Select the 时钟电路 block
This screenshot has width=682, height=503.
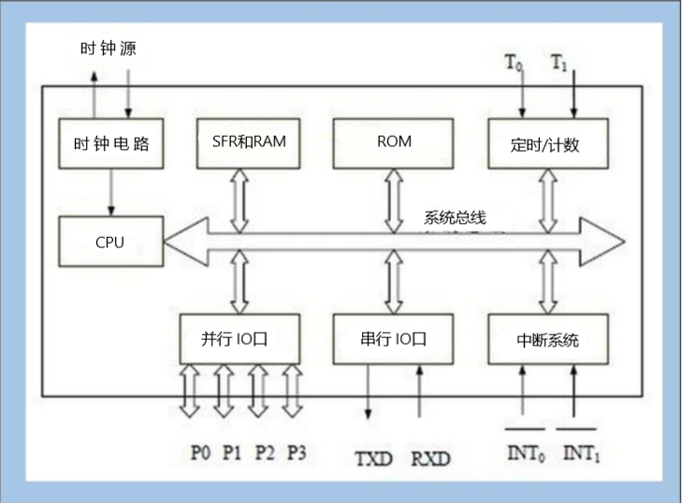tap(109, 143)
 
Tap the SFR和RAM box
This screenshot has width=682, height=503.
tap(242, 142)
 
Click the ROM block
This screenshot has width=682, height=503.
tap(393, 142)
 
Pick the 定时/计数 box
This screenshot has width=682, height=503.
tap(547, 143)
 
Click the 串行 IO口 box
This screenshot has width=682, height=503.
tap(393, 338)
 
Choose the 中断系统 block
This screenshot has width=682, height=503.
tap(547, 339)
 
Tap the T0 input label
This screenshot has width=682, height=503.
tap(514, 64)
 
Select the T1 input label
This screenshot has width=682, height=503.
tap(559, 64)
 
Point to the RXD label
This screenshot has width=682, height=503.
tap(430, 459)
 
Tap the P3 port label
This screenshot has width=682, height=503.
tap(297, 452)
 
